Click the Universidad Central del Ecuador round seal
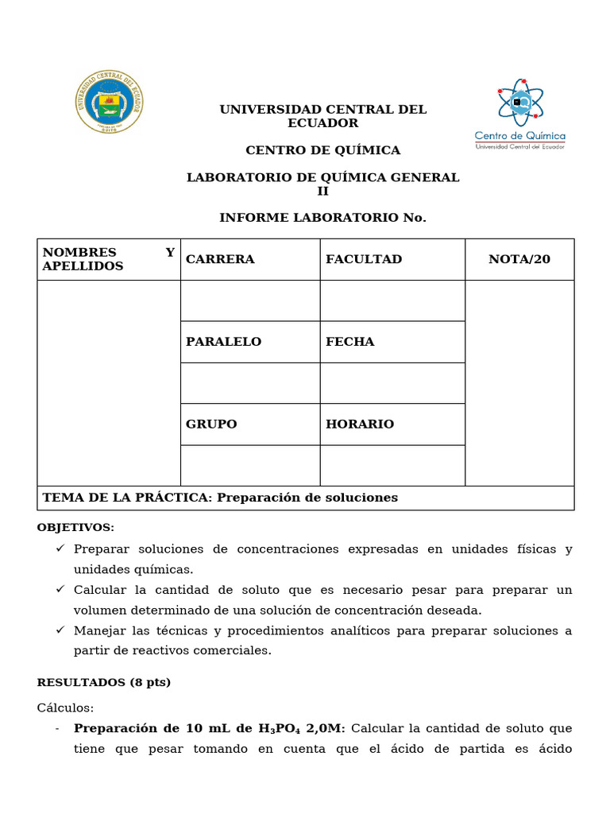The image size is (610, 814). click(x=110, y=103)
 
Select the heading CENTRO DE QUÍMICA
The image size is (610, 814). click(x=322, y=150)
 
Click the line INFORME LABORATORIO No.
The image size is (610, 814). click(x=322, y=218)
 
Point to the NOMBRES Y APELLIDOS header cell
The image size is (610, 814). click(x=109, y=259)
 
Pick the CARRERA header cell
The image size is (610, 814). click(x=250, y=259)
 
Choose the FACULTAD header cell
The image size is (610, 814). click(x=392, y=259)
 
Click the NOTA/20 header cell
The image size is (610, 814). click(x=519, y=259)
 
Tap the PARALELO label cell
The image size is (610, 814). click(x=250, y=342)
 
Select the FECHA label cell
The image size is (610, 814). click(x=392, y=342)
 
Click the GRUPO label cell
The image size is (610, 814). click(x=250, y=424)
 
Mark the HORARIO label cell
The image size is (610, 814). click(x=392, y=424)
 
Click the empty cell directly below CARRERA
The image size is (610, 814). click(x=250, y=300)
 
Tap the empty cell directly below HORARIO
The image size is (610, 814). click(x=392, y=466)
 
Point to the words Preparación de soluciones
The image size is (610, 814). click(x=307, y=498)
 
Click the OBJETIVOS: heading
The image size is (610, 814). click(x=75, y=528)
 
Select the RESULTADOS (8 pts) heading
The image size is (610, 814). click(x=104, y=682)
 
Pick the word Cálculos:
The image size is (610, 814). click(x=65, y=707)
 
